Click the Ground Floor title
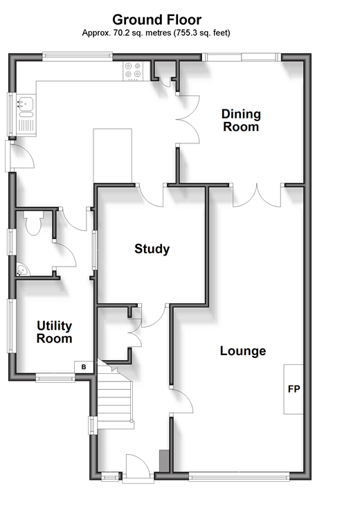pyautogui.click(x=156, y=19)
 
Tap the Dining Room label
pyautogui.click(x=241, y=120)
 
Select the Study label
pyautogui.click(x=152, y=249)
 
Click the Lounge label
pyautogui.click(x=243, y=351)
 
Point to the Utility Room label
pyautogui.click(x=55, y=332)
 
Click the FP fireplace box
pyautogui.click(x=294, y=389)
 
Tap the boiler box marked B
pyautogui.click(x=84, y=367)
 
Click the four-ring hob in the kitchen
pyautogui.click(x=133, y=71)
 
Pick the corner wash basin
pyautogui.click(x=22, y=270)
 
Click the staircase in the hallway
pyautogui.click(x=115, y=395)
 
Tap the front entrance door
pyautogui.click(x=138, y=466)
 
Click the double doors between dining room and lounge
pyautogui.click(x=257, y=195)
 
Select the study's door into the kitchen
pyautogui.click(x=150, y=195)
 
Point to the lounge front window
pyautogui.click(x=239, y=478)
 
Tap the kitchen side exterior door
pyautogui.click(x=20, y=156)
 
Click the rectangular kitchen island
pyautogui.click(x=112, y=156)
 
